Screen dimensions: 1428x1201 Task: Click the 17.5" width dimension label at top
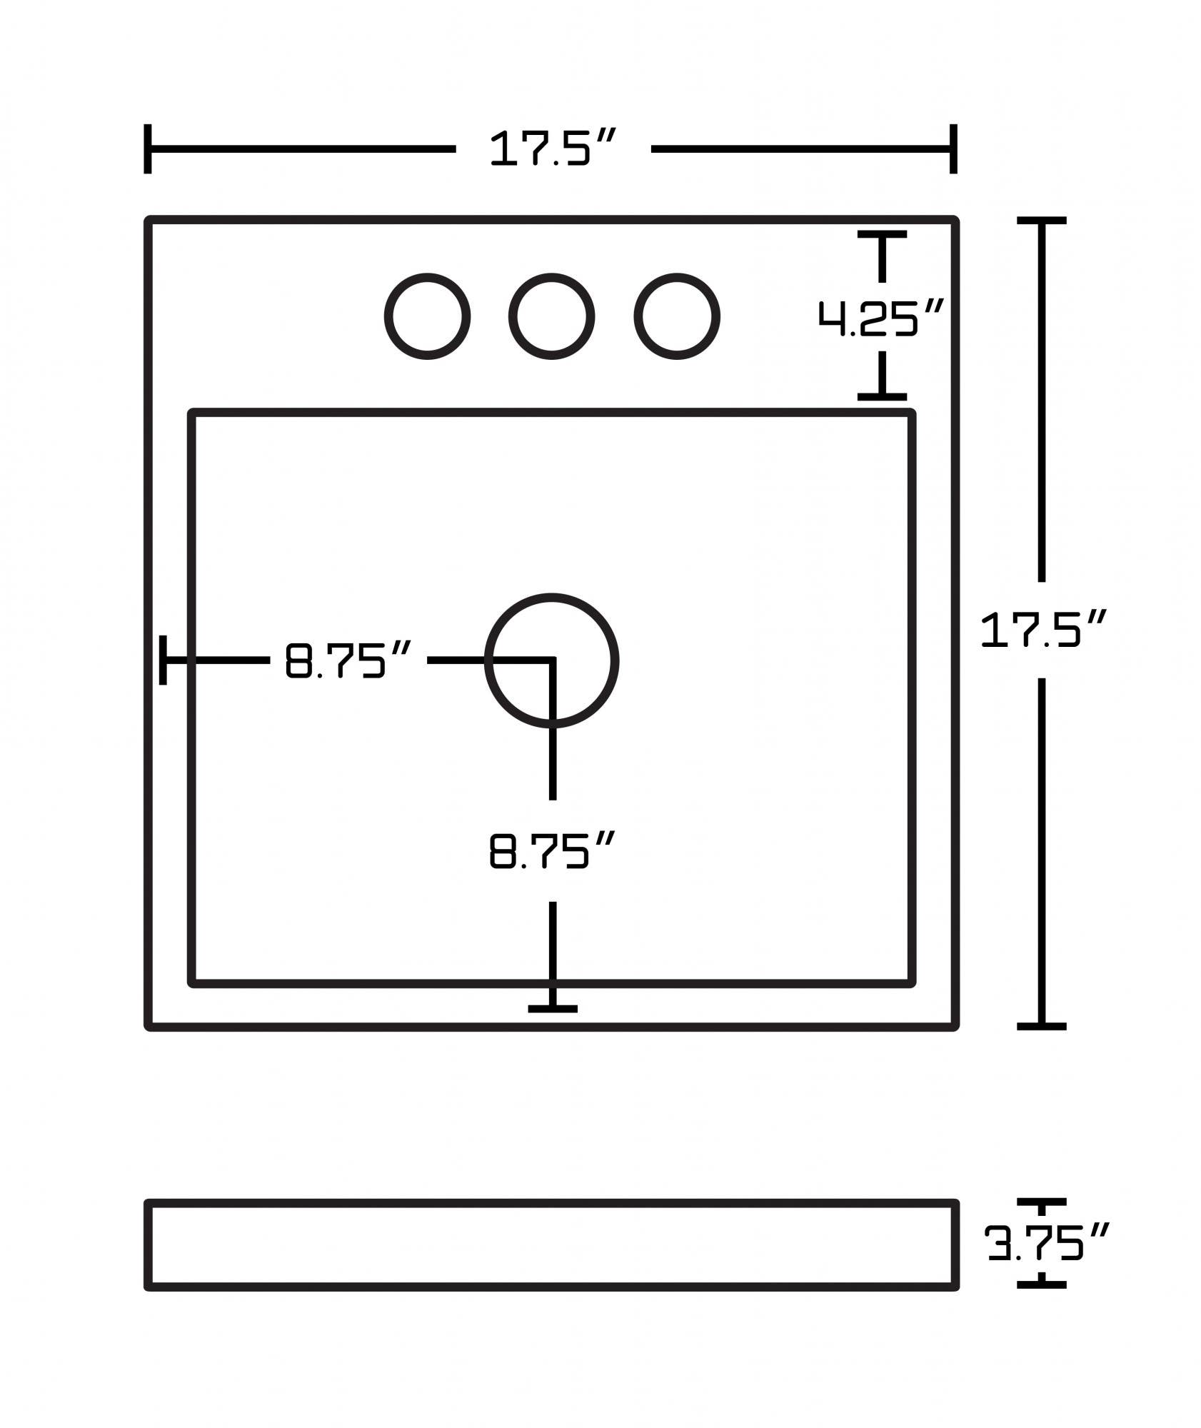[x=551, y=149]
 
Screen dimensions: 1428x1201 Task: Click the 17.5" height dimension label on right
[x=1042, y=630]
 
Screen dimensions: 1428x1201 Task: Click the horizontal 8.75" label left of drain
[x=348, y=660]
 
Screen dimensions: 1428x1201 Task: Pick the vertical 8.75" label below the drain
[x=551, y=850]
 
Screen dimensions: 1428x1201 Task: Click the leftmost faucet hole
[x=427, y=316]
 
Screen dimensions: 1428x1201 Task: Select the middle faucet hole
[x=551, y=316]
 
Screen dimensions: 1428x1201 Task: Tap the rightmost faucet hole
[x=676, y=316]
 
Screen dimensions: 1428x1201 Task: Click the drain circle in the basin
[x=551, y=660]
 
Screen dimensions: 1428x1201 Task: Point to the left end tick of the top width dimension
[x=148, y=149]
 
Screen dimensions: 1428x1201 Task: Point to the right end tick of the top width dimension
[x=953, y=149]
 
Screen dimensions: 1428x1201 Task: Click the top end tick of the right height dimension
[x=1042, y=221]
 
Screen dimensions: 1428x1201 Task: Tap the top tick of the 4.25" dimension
[x=883, y=234]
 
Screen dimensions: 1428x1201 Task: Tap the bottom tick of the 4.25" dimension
[x=883, y=396]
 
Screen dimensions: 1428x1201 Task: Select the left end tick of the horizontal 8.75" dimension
[x=164, y=660]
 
